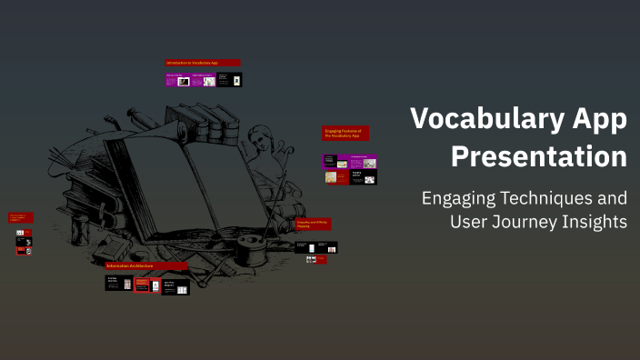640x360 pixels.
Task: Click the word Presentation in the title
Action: tap(539, 155)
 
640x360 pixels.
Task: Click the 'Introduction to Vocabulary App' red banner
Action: tap(203, 63)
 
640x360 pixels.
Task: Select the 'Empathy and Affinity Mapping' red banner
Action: tap(314, 224)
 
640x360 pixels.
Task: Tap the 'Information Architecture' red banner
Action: tap(146, 265)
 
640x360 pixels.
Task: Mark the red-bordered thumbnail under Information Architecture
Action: tap(142, 285)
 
